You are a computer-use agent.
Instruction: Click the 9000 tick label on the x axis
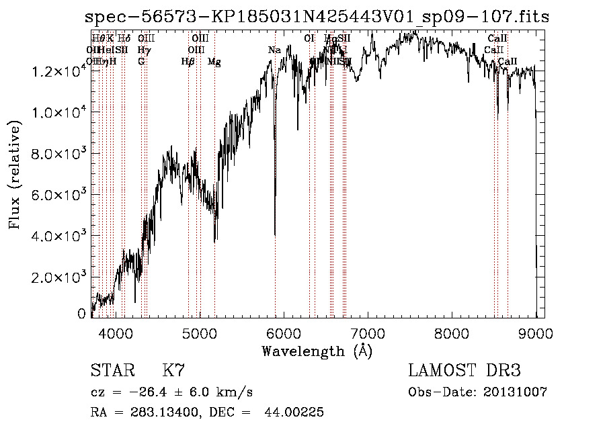535,333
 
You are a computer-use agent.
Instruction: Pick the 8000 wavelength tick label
451,333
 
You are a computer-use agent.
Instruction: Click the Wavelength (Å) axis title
317,351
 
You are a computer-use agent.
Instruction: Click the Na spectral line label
274,50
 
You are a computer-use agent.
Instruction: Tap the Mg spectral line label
214,62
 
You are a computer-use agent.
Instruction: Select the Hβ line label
188,62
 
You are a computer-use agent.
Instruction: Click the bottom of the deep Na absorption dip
275,234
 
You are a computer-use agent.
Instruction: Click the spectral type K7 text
173,371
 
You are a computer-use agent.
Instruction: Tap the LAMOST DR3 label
465,371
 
